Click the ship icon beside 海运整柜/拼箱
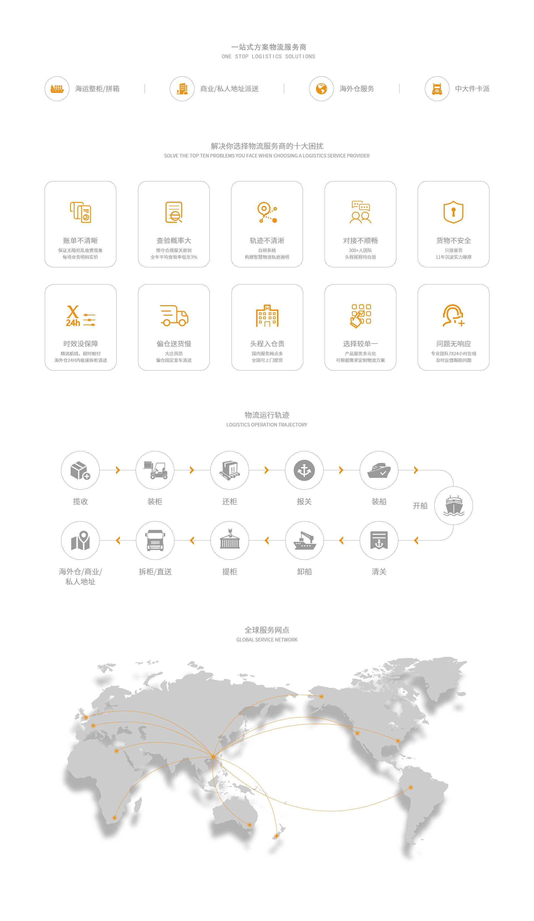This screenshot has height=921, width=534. coord(57,88)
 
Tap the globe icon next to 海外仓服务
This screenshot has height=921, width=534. coord(321,88)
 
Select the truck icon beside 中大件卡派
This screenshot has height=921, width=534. coord(437,89)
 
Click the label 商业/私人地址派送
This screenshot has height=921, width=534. coord(229,89)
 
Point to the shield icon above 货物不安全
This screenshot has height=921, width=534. coord(453,212)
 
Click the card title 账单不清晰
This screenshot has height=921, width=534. coord(80,241)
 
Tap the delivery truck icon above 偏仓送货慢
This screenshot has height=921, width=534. coord(174,315)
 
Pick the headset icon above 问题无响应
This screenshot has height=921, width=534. coord(453,315)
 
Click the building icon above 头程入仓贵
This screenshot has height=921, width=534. coord(267,315)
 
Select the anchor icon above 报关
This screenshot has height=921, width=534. coord(304,470)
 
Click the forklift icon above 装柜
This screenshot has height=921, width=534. coord(155,470)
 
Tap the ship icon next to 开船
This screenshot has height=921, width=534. coord(454,505)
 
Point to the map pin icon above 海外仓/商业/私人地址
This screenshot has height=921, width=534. coord(80,540)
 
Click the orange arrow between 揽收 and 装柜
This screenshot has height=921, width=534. coord(118,470)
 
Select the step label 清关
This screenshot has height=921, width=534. coord(379,572)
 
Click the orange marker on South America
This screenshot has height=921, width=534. coord(411,787)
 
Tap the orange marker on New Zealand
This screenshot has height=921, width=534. coord(277,836)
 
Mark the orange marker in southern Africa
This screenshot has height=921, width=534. coord(114,818)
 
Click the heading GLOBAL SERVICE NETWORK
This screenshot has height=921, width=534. coord(267,639)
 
